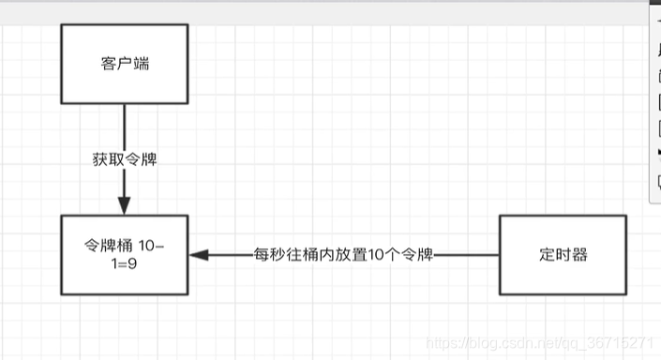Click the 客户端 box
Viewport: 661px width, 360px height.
(x=124, y=64)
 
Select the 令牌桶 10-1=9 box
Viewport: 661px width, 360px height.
(x=124, y=254)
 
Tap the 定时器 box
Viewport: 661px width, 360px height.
(x=563, y=254)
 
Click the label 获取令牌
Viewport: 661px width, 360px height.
(x=124, y=159)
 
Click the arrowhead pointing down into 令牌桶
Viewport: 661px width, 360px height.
(x=124, y=206)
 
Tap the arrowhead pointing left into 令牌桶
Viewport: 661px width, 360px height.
(x=197, y=254)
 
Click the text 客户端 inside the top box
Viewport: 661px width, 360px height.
(x=124, y=64)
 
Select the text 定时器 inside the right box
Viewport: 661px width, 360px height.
(x=563, y=254)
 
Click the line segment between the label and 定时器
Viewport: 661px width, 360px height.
(x=469, y=254)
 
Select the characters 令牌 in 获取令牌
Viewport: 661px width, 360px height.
(x=140, y=159)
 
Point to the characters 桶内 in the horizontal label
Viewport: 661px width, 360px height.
(x=317, y=254)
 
